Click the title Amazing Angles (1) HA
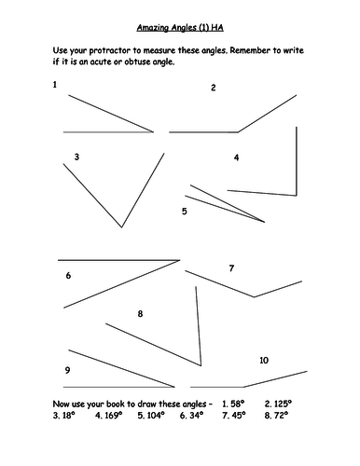(180, 28)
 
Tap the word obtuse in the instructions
(137, 62)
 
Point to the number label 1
(55, 85)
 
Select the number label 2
(214, 88)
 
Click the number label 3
(76, 157)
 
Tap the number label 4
(237, 158)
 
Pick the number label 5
(185, 212)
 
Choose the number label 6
(68, 275)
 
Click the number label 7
(231, 268)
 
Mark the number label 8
(140, 314)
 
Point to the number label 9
(67, 370)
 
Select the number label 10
(264, 361)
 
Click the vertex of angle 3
(122, 227)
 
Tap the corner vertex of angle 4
(297, 196)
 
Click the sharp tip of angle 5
(265, 222)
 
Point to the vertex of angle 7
(254, 297)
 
